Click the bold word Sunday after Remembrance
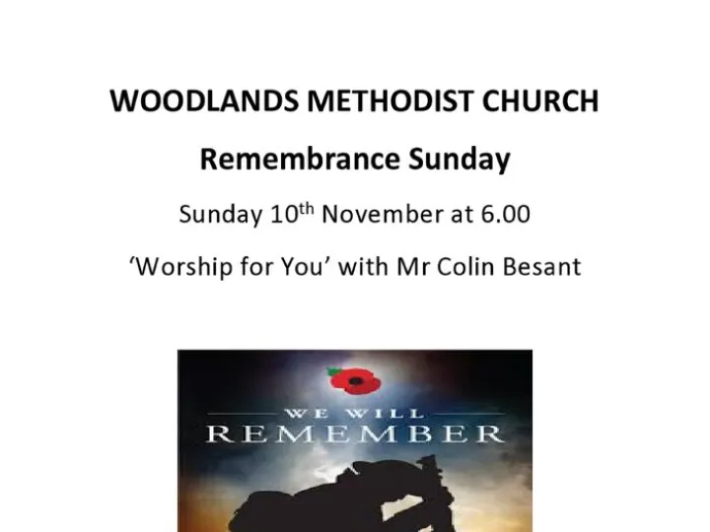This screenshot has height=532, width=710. [462, 160]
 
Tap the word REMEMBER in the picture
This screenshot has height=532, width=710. [355, 433]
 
